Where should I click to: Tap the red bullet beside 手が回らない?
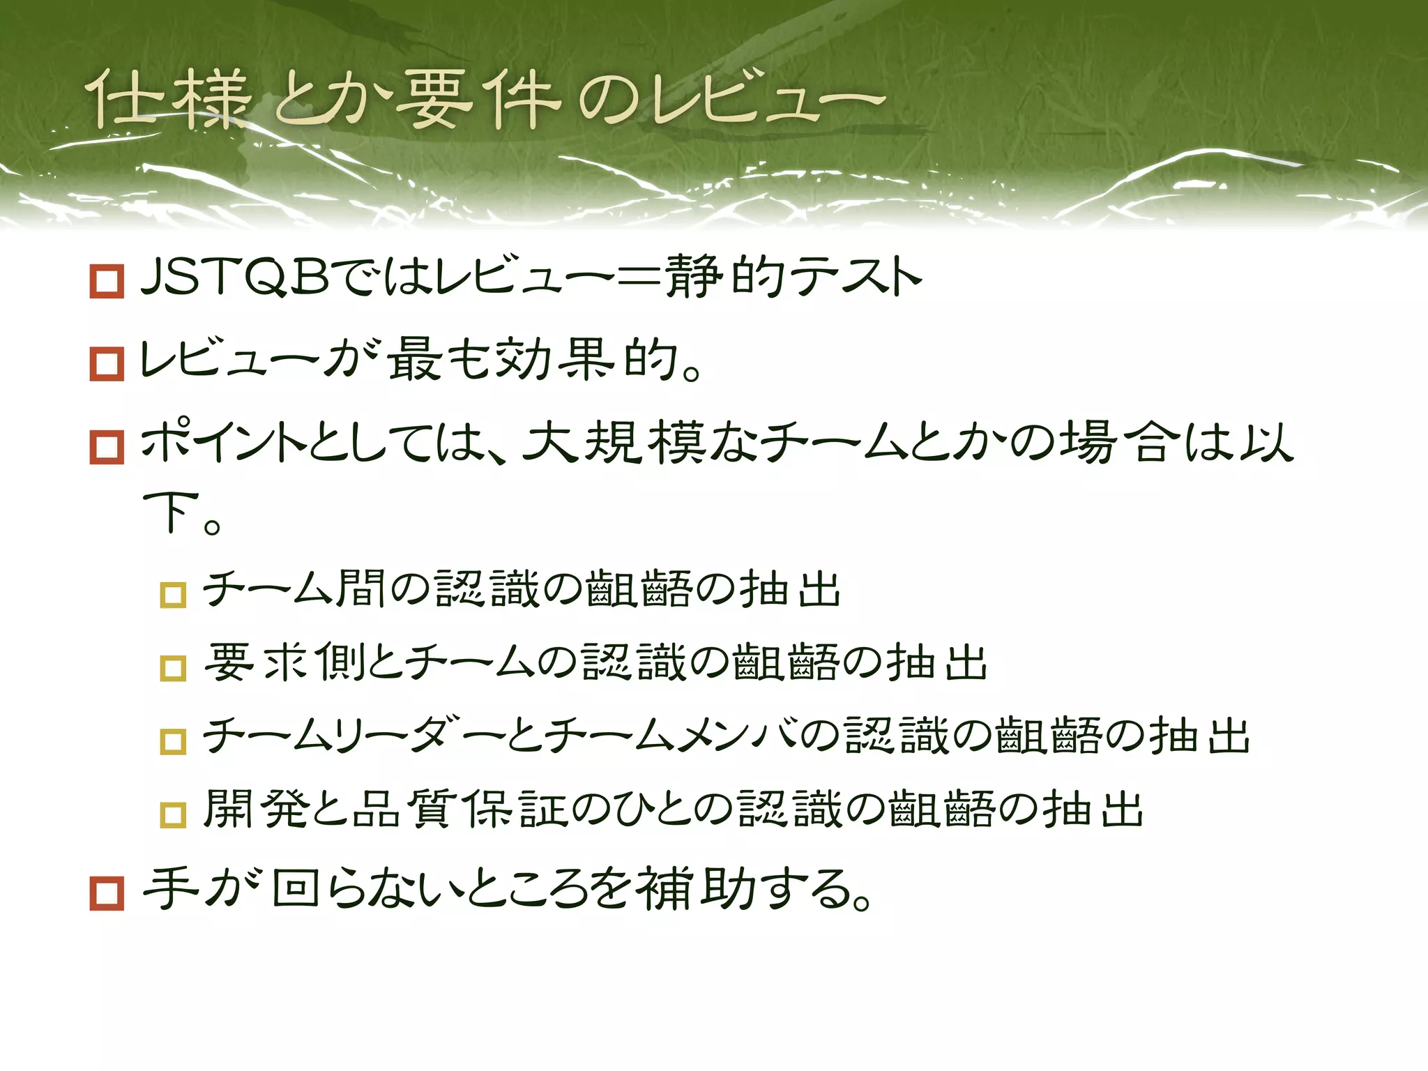[107, 893]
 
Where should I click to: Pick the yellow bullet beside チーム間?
[173, 595]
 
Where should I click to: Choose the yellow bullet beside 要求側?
[173, 668]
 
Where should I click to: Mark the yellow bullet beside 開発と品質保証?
[173, 814]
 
